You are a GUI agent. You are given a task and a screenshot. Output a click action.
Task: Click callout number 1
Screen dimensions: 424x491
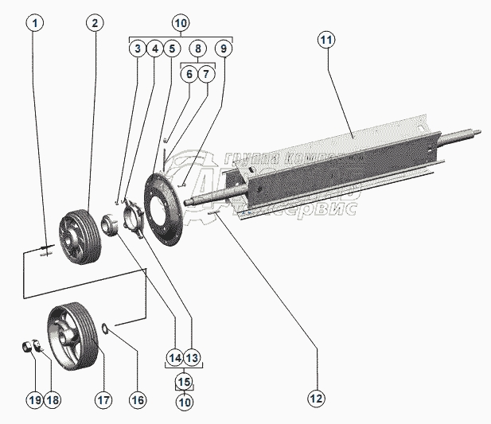point(33,23)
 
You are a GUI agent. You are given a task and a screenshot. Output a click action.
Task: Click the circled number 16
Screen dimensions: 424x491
point(138,399)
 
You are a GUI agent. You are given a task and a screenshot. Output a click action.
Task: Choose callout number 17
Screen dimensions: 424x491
point(103,399)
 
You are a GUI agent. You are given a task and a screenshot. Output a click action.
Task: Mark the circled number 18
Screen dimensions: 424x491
point(53,399)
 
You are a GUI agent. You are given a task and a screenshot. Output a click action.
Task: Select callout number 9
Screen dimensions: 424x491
point(224,49)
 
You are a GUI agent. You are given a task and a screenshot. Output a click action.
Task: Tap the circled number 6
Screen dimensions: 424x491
point(189,74)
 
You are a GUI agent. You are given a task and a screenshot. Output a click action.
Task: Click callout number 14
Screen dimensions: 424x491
point(174,357)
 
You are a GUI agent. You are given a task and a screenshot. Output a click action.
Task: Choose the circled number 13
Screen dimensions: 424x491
point(193,357)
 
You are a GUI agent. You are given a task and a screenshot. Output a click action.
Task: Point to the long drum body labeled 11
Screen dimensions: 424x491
point(342,159)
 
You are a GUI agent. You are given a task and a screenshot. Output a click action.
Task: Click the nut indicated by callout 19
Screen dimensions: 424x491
point(27,347)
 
